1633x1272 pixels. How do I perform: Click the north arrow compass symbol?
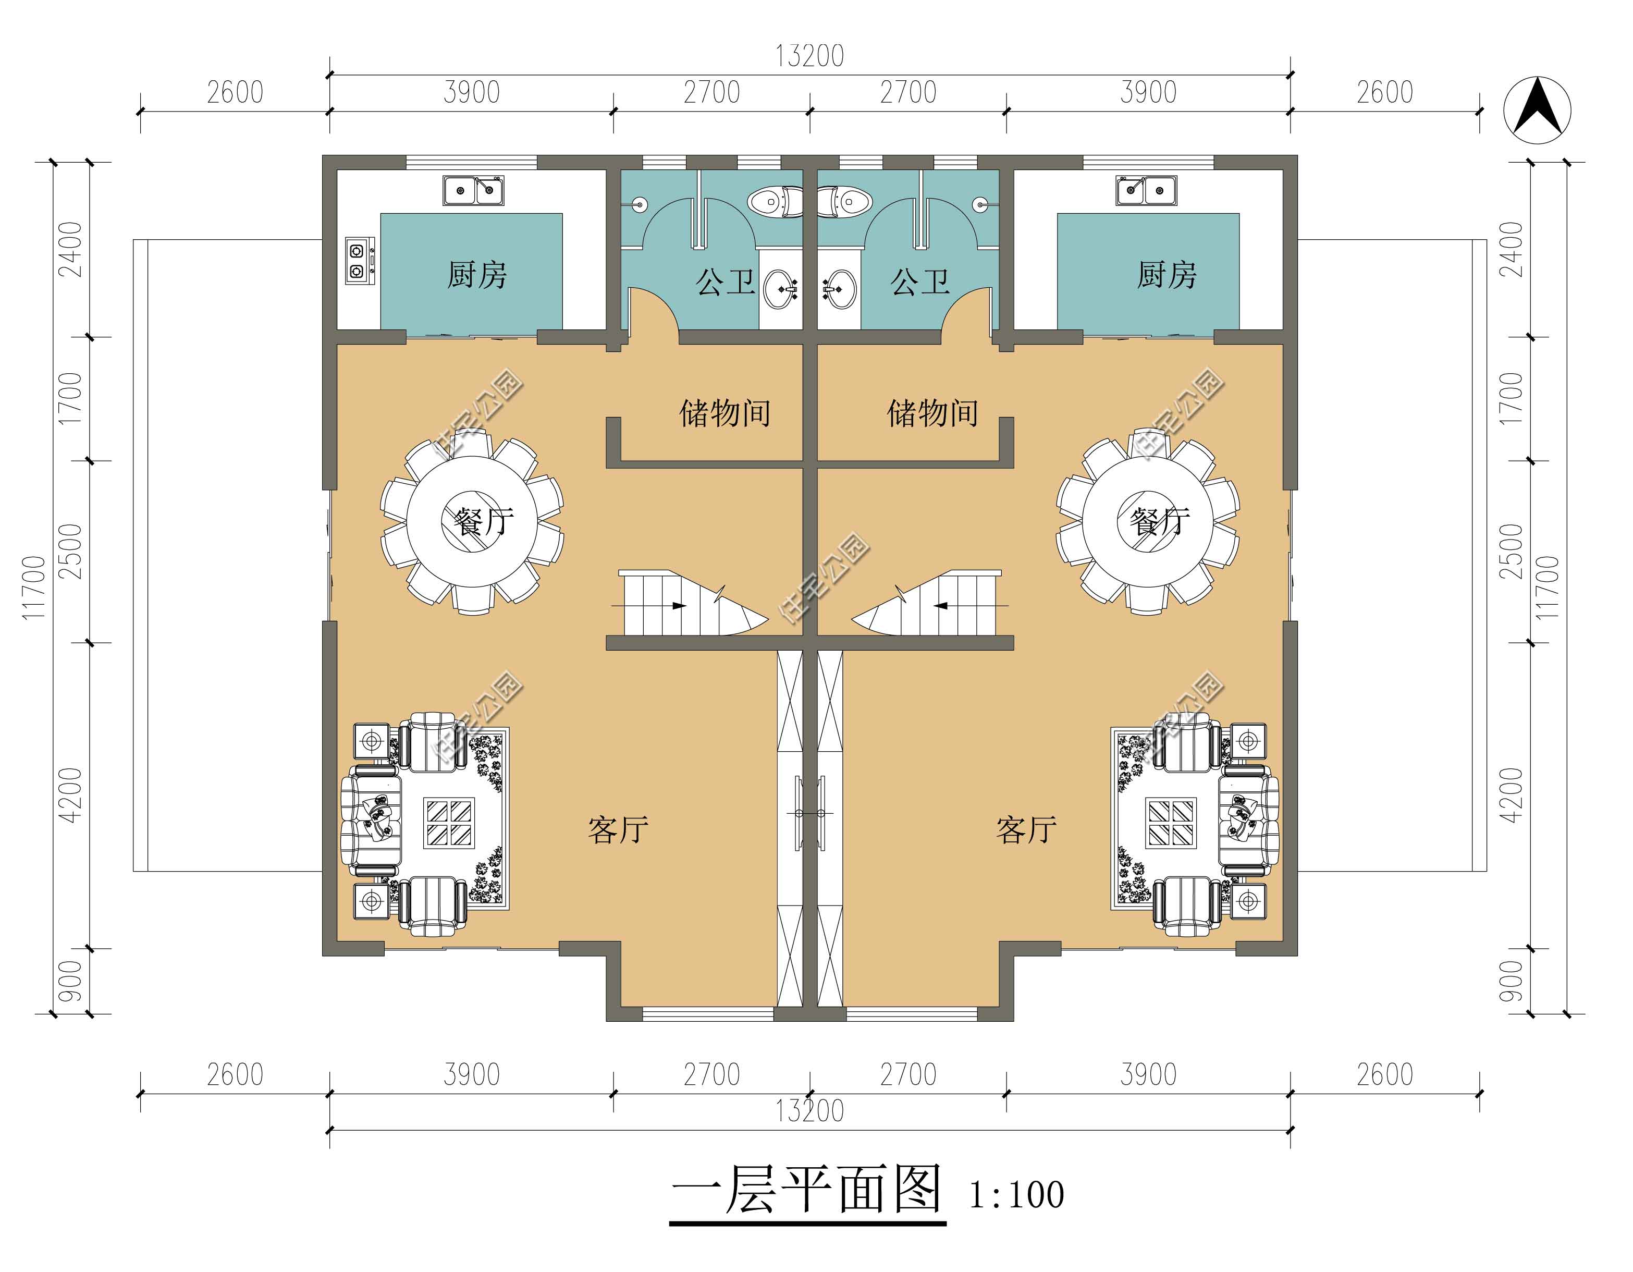click(x=1537, y=111)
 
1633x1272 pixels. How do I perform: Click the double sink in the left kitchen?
click(x=473, y=191)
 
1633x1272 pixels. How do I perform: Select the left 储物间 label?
click(x=725, y=413)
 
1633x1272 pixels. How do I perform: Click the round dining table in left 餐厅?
click(x=471, y=522)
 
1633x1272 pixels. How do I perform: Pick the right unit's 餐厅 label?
click(x=1160, y=521)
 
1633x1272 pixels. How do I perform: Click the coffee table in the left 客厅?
click(x=449, y=823)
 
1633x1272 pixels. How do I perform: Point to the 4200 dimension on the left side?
click(x=70, y=796)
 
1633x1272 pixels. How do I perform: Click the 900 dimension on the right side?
click(x=1511, y=981)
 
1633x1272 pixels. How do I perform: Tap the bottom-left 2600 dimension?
click(x=235, y=1074)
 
